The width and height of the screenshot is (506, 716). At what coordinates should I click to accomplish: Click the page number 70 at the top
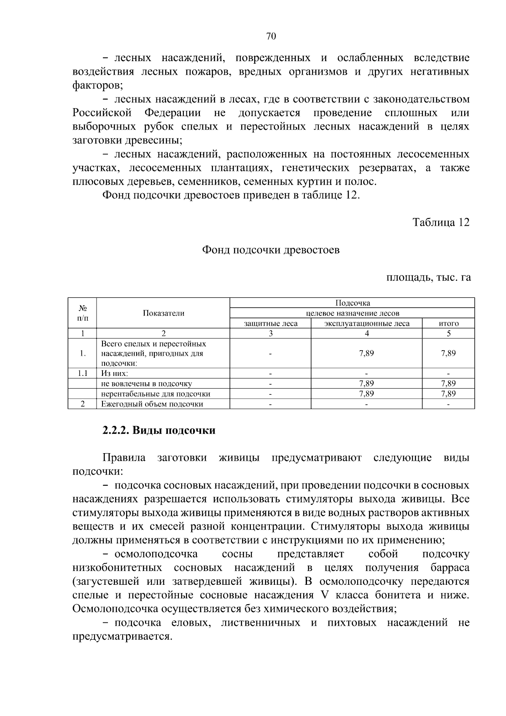coord(271,37)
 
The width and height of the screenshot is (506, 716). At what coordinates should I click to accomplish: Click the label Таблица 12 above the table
coord(441,222)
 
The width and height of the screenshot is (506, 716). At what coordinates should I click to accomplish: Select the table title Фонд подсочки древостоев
coord(271,250)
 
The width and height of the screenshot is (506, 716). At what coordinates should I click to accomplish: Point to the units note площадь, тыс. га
coord(428,278)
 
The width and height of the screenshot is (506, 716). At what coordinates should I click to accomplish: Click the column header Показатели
coord(163,313)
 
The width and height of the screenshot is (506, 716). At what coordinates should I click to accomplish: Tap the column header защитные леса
coord(271,324)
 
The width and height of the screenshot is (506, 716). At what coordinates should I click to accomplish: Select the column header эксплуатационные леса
coord(366,324)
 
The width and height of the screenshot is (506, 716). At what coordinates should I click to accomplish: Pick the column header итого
coord(448,324)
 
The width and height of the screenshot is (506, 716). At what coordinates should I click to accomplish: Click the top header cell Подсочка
coord(352,303)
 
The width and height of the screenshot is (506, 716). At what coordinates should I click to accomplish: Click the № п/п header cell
coord(83,313)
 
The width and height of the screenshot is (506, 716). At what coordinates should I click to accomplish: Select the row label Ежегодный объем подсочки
coord(152,404)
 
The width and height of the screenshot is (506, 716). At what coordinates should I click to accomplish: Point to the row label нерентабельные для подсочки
coord(156,394)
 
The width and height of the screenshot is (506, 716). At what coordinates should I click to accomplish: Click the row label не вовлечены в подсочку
coord(146,384)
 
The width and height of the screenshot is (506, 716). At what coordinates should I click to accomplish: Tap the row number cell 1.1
coord(83,373)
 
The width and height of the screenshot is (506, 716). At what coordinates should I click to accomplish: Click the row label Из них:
coord(115,373)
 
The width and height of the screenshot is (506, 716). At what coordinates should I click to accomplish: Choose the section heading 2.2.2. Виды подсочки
coord(159,430)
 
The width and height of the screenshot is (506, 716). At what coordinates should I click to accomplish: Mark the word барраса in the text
coord(450,567)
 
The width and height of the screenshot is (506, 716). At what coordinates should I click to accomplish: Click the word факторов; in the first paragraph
coord(97,86)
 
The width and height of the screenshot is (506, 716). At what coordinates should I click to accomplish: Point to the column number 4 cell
coord(366,333)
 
